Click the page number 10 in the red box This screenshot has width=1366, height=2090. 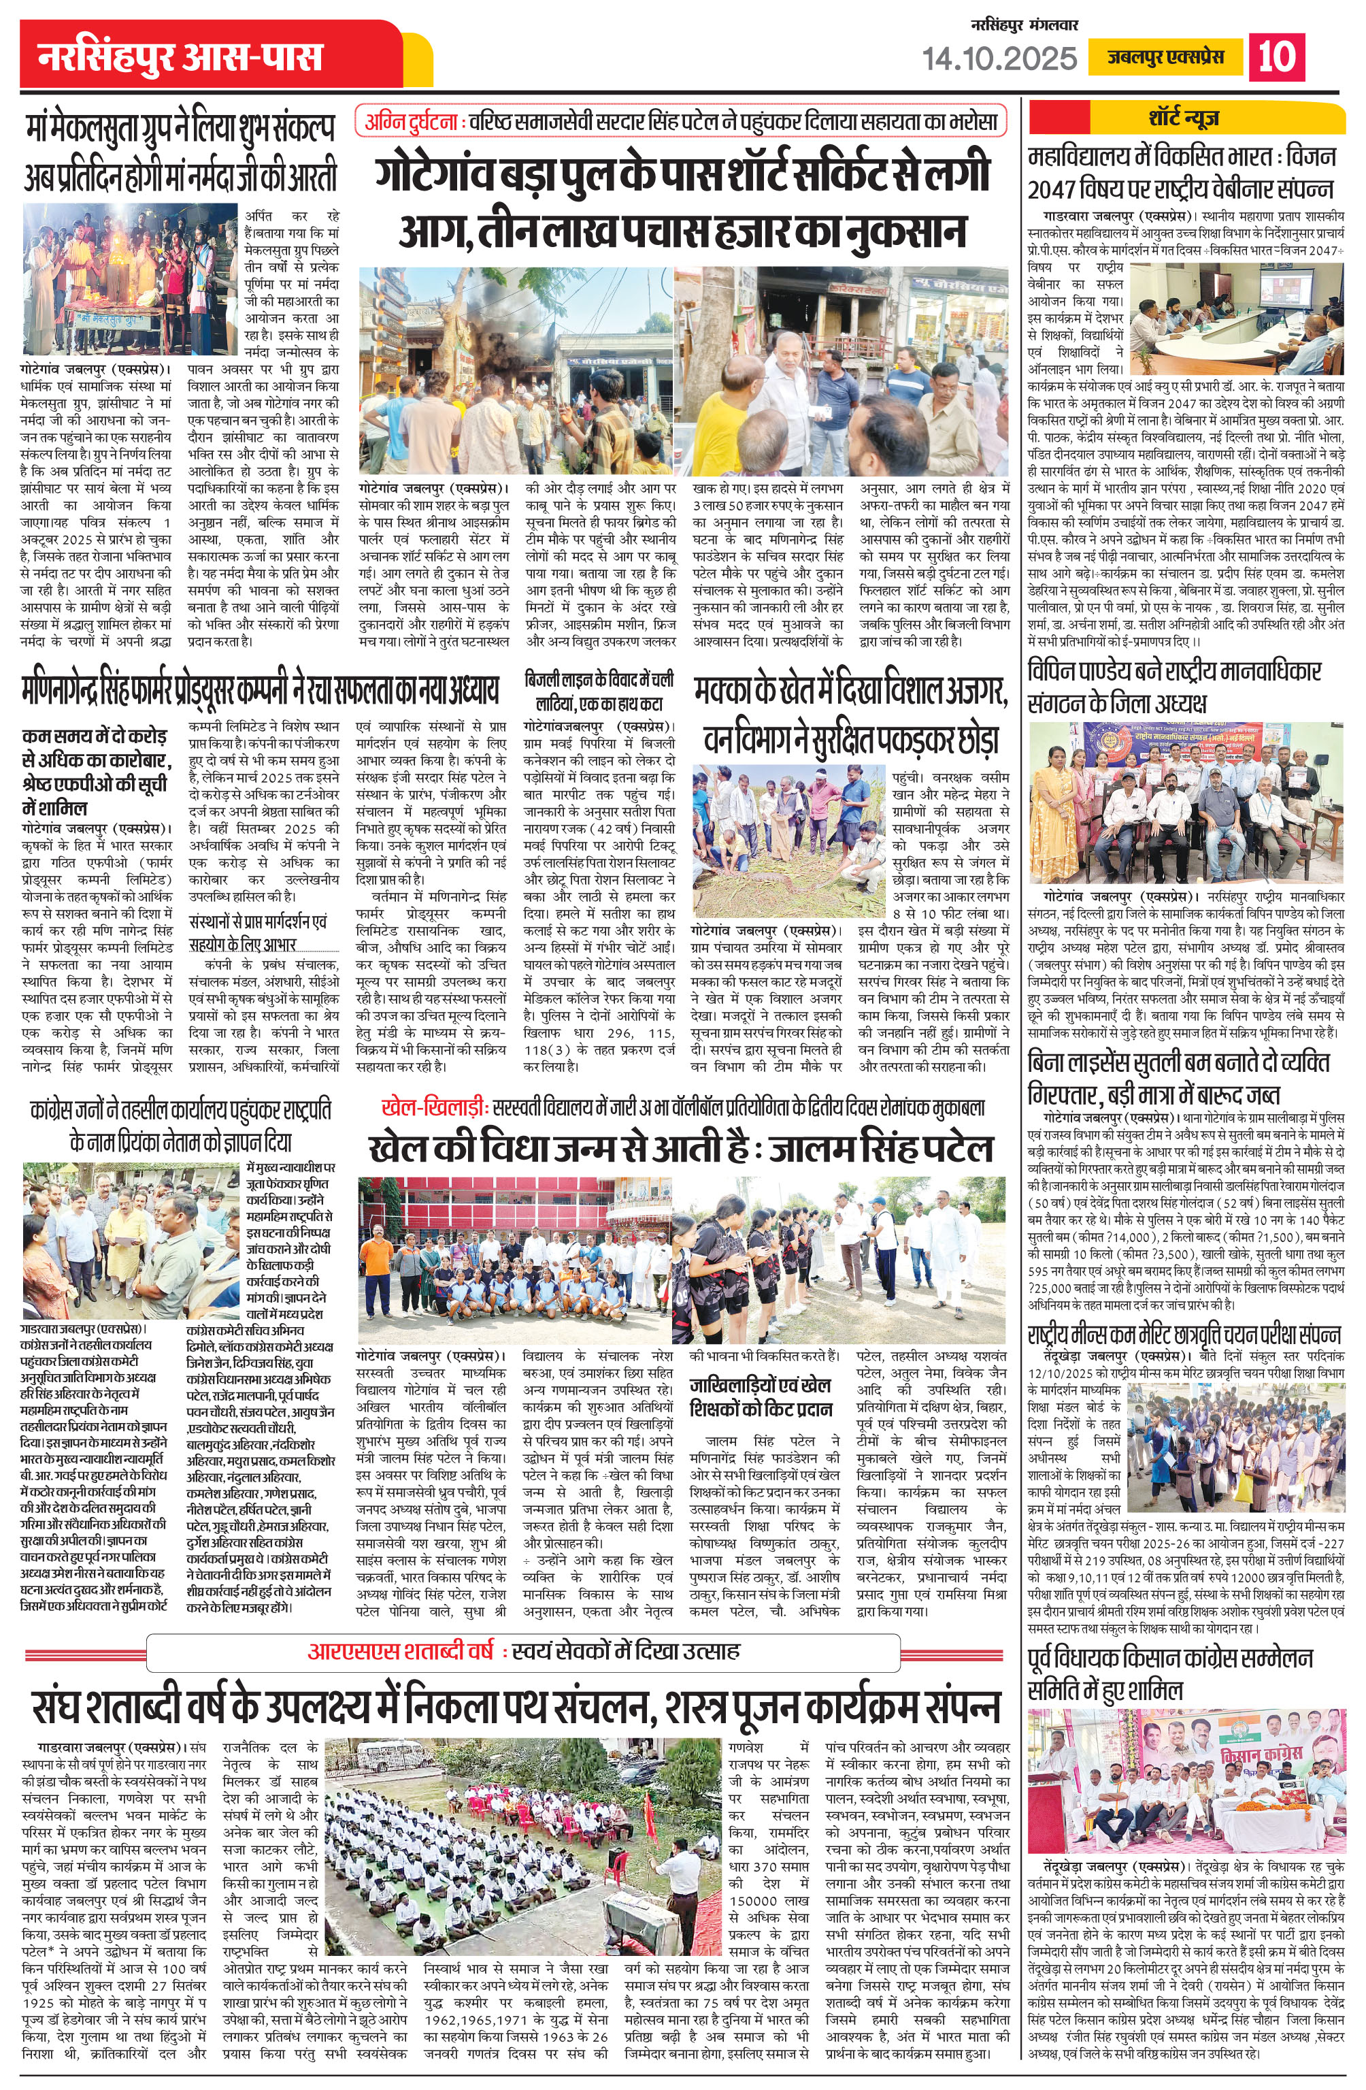(1276, 57)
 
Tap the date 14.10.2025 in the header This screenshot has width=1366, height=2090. (999, 59)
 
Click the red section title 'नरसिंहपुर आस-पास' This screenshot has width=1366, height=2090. (180, 58)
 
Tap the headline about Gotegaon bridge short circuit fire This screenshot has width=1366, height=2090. (683, 200)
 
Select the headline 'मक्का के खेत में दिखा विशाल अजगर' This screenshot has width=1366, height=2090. (850, 716)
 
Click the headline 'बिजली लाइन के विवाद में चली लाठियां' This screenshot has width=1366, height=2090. (599, 691)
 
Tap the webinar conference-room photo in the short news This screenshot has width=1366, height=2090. (1237, 319)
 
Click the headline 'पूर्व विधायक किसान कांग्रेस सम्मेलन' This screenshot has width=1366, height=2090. (1170, 1673)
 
